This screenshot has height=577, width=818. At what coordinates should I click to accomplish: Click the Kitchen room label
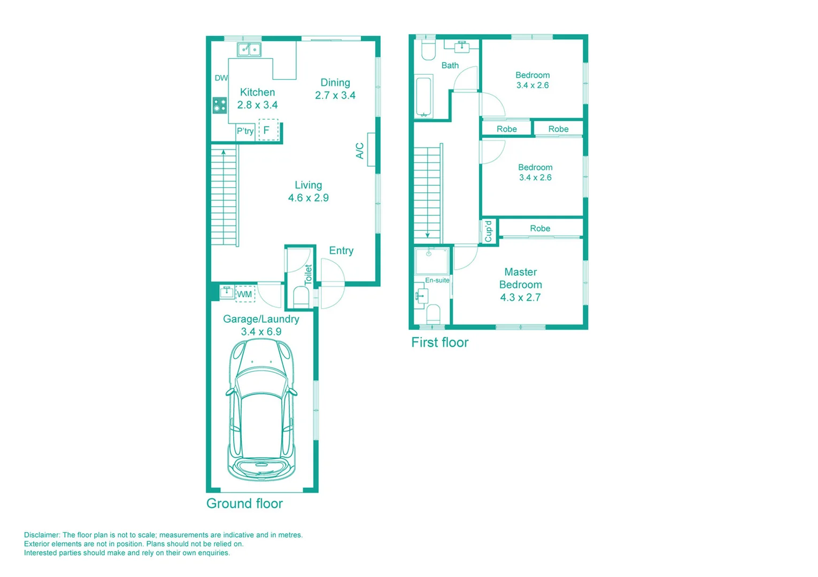(x=257, y=92)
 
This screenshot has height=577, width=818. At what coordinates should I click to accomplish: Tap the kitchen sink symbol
(x=249, y=50)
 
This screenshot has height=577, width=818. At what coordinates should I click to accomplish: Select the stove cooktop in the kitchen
(x=219, y=105)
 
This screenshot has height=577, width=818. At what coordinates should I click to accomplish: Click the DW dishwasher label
(x=221, y=78)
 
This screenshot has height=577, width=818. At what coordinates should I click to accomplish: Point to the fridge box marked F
(x=268, y=130)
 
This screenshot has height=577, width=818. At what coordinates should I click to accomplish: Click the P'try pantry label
(x=245, y=131)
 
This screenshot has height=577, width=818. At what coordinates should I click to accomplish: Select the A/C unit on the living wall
(x=371, y=150)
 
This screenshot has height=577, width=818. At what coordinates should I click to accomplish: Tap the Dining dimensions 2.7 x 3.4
(x=335, y=96)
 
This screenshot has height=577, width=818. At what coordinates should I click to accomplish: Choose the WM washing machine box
(x=245, y=294)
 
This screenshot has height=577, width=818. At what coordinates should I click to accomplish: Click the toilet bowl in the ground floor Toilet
(x=301, y=297)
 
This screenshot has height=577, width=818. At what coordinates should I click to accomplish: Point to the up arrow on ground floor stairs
(x=223, y=153)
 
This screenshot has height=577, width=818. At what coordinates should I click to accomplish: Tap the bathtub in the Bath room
(x=423, y=96)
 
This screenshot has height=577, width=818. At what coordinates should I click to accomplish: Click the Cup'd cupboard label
(x=488, y=231)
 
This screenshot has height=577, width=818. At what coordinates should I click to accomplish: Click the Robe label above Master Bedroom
(x=540, y=228)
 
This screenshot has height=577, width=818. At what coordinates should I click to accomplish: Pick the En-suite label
(x=437, y=280)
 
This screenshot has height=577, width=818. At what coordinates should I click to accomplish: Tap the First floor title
(x=439, y=342)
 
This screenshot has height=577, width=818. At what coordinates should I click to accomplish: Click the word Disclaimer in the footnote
(x=42, y=535)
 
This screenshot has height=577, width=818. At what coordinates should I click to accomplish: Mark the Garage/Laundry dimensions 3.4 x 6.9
(x=261, y=332)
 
